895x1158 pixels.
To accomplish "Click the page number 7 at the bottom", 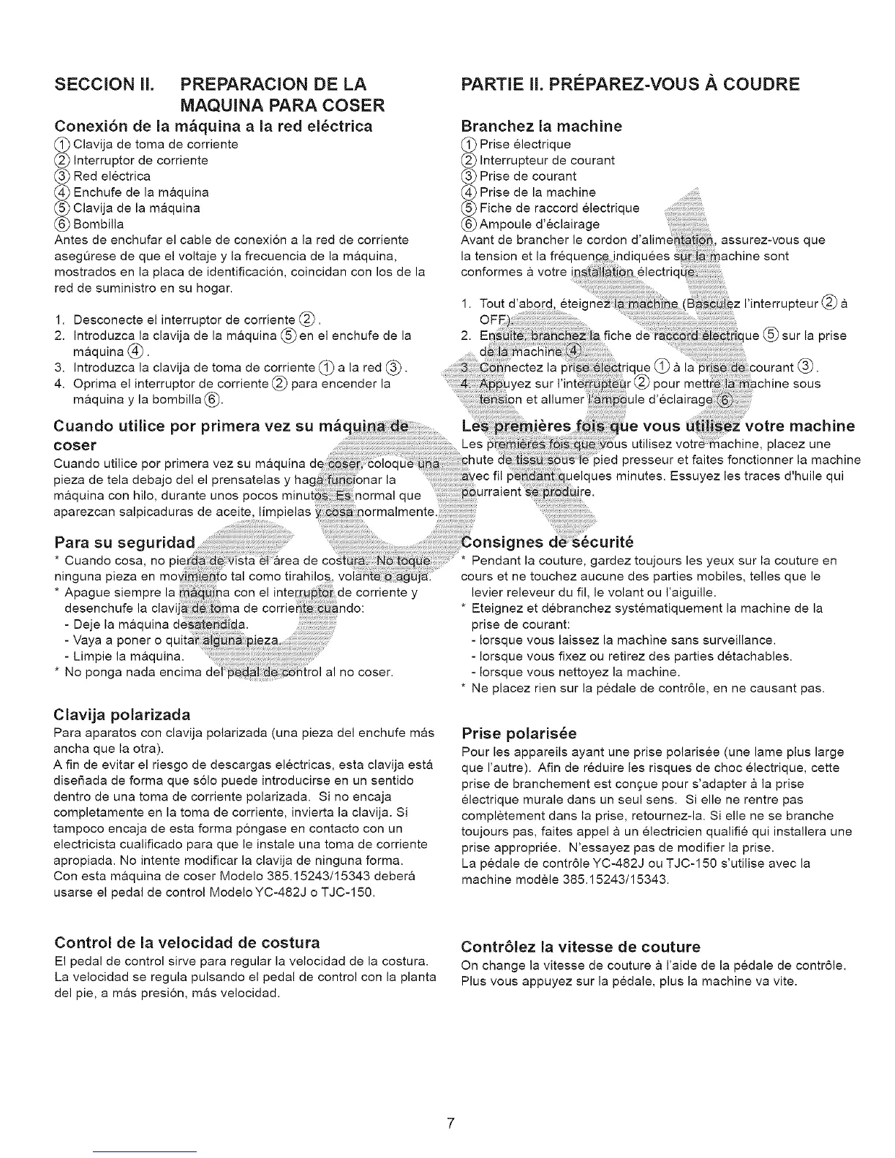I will click(x=451, y=1124).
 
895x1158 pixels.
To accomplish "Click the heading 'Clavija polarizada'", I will click(x=122, y=714).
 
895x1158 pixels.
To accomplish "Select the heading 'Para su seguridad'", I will click(x=125, y=543).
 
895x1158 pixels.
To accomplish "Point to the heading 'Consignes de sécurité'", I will click(x=547, y=542).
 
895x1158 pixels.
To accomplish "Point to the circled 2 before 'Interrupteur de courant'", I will click(x=469, y=160).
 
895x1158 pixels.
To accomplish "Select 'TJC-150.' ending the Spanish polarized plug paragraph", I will click(x=352, y=893).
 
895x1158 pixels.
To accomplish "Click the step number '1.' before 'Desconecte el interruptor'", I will click(x=60, y=319).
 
